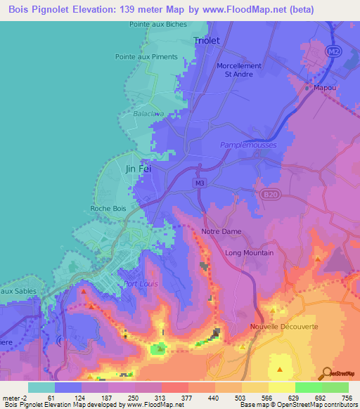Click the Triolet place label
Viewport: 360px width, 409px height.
[x=207, y=41]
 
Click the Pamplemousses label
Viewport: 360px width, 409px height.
[x=248, y=145]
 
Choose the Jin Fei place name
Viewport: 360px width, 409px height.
[x=138, y=169]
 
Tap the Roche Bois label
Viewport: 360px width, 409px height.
[x=108, y=208]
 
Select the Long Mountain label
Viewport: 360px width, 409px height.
[x=249, y=252]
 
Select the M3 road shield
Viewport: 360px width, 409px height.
[x=200, y=183]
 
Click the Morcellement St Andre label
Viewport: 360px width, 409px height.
[x=238, y=70]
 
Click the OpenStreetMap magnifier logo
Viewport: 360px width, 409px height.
[x=326, y=373]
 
